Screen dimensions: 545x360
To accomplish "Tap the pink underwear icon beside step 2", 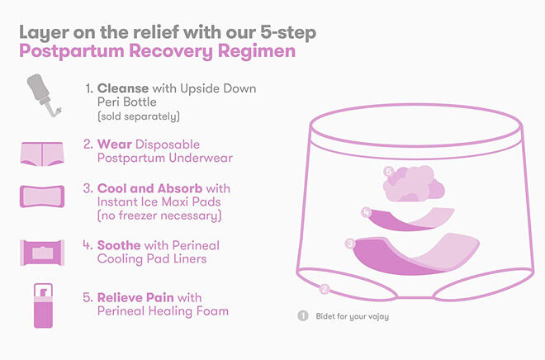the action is (42, 154).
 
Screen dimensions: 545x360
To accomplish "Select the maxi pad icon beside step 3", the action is (42, 197).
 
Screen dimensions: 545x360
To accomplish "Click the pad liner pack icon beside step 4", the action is (42, 253).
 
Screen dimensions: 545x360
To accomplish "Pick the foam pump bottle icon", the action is (43, 306).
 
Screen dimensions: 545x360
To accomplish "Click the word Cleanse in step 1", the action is (123, 88).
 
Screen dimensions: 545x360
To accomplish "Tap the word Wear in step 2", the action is (114, 144).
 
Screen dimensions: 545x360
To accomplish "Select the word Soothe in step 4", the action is (119, 245).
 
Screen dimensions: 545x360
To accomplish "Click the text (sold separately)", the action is (139, 116).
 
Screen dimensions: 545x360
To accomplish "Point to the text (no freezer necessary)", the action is (159, 216).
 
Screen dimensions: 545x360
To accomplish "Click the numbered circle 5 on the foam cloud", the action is (389, 171).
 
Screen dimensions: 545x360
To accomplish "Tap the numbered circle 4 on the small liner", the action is (366, 211).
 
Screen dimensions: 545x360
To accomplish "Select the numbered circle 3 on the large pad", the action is (349, 244).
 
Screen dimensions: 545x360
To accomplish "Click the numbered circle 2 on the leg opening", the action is (325, 289).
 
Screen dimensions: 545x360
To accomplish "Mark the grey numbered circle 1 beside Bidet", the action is (303, 316).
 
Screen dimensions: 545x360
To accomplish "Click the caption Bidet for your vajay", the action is (352, 316).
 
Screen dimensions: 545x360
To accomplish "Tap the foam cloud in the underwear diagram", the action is (414, 184).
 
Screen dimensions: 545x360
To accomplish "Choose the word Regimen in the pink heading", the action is (257, 51).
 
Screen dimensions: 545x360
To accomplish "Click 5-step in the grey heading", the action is (288, 33).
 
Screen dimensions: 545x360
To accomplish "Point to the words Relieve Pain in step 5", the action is (135, 298).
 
